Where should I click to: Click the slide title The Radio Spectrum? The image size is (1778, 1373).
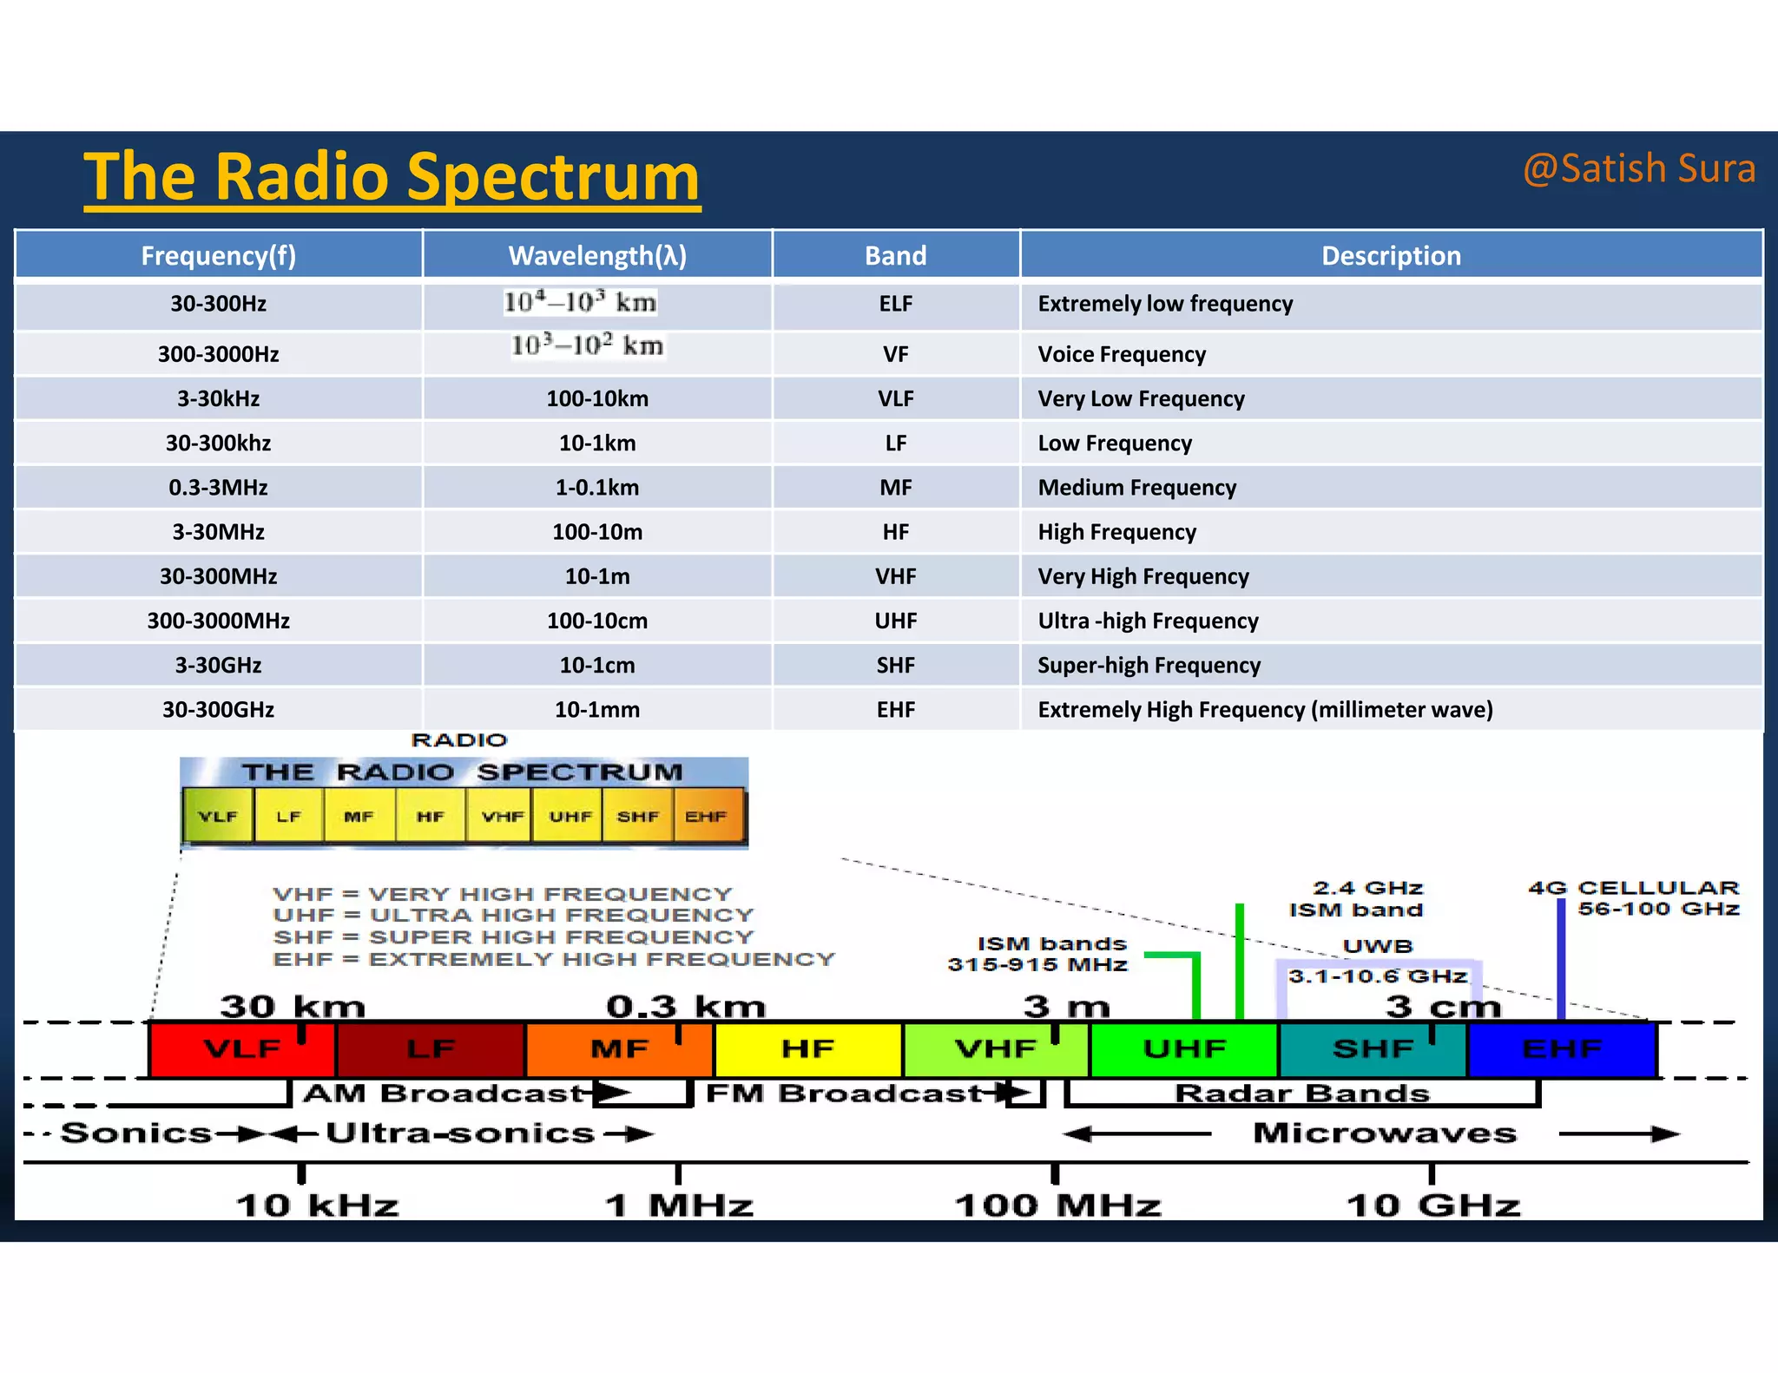(392, 177)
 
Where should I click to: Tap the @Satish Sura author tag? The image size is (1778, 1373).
(1639, 168)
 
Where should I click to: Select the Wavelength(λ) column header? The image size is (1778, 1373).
(597, 256)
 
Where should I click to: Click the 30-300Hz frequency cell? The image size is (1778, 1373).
(218, 304)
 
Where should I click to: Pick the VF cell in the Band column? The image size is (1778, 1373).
(895, 354)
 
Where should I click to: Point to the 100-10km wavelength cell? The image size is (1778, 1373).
(597, 399)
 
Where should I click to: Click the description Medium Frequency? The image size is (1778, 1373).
(1136, 488)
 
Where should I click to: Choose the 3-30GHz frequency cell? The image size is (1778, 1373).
(218, 666)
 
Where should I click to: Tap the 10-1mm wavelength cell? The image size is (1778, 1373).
(597, 710)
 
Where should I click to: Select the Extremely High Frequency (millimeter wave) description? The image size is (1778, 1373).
(1265, 710)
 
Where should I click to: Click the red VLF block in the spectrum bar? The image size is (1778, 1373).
(241, 1049)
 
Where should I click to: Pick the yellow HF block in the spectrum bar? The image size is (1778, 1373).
(807, 1049)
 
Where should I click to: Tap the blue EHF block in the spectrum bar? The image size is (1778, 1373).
(1562, 1049)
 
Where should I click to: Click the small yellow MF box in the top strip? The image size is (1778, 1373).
(359, 817)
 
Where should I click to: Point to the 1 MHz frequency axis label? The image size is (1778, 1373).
(679, 1205)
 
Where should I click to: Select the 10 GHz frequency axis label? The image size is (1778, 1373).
(1433, 1205)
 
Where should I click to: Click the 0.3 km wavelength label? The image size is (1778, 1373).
(686, 1007)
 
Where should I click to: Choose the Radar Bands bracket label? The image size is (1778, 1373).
(1301, 1094)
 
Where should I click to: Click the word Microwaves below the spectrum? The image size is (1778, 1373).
(1385, 1133)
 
